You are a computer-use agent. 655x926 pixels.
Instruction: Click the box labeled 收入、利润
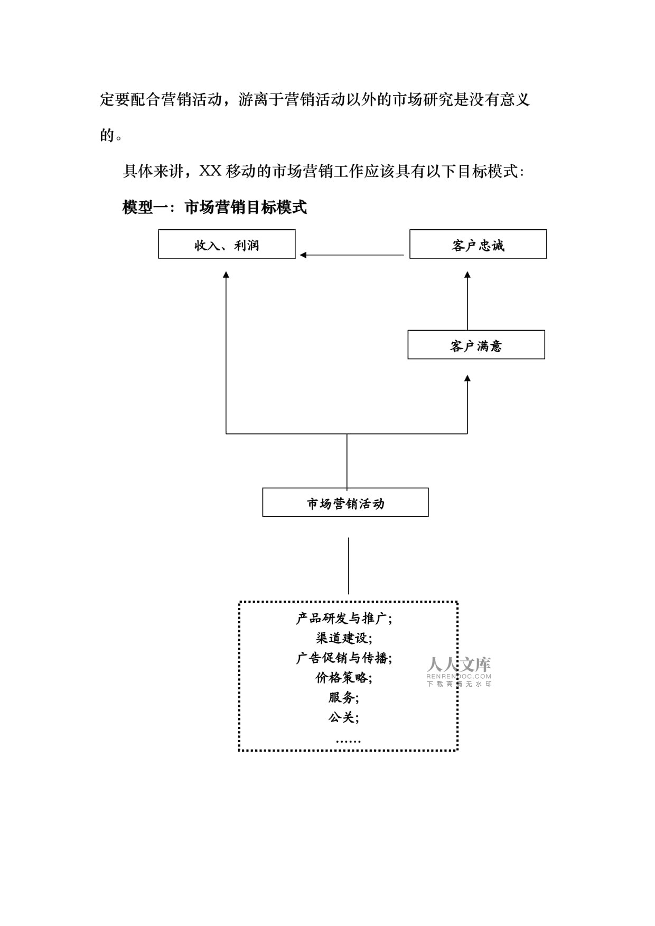pyautogui.click(x=227, y=244)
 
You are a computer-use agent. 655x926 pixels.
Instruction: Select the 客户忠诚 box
pyautogui.click(x=478, y=244)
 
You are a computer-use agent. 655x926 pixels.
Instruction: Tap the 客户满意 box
pyautogui.click(x=476, y=345)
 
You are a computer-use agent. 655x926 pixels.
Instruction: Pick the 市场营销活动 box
pyautogui.click(x=345, y=502)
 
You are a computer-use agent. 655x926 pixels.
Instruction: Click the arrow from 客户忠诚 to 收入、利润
pyautogui.click(x=352, y=255)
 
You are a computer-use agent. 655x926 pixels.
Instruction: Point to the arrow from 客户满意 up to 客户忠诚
pyautogui.click(x=467, y=301)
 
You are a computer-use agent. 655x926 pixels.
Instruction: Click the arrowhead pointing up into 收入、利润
pyautogui.click(x=226, y=275)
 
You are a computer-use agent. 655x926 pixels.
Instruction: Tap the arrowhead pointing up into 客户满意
pyautogui.click(x=467, y=378)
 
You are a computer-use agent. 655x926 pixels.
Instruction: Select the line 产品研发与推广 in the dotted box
pyautogui.click(x=344, y=618)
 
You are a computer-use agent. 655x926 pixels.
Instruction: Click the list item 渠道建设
pyautogui.click(x=344, y=638)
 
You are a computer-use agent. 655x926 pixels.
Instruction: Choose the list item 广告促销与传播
pyautogui.click(x=344, y=658)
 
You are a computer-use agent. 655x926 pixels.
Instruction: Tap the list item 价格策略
pyautogui.click(x=344, y=678)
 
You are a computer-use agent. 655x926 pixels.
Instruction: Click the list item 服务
pyautogui.click(x=344, y=698)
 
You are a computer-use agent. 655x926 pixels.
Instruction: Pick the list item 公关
pyautogui.click(x=344, y=717)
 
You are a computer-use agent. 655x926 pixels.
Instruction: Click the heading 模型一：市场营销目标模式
pyautogui.click(x=214, y=208)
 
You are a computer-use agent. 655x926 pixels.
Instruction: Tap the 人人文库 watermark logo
pyautogui.click(x=459, y=671)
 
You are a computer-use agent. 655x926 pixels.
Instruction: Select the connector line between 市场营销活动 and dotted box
pyautogui.click(x=349, y=566)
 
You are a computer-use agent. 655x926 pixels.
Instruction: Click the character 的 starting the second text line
pyautogui.click(x=107, y=136)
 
